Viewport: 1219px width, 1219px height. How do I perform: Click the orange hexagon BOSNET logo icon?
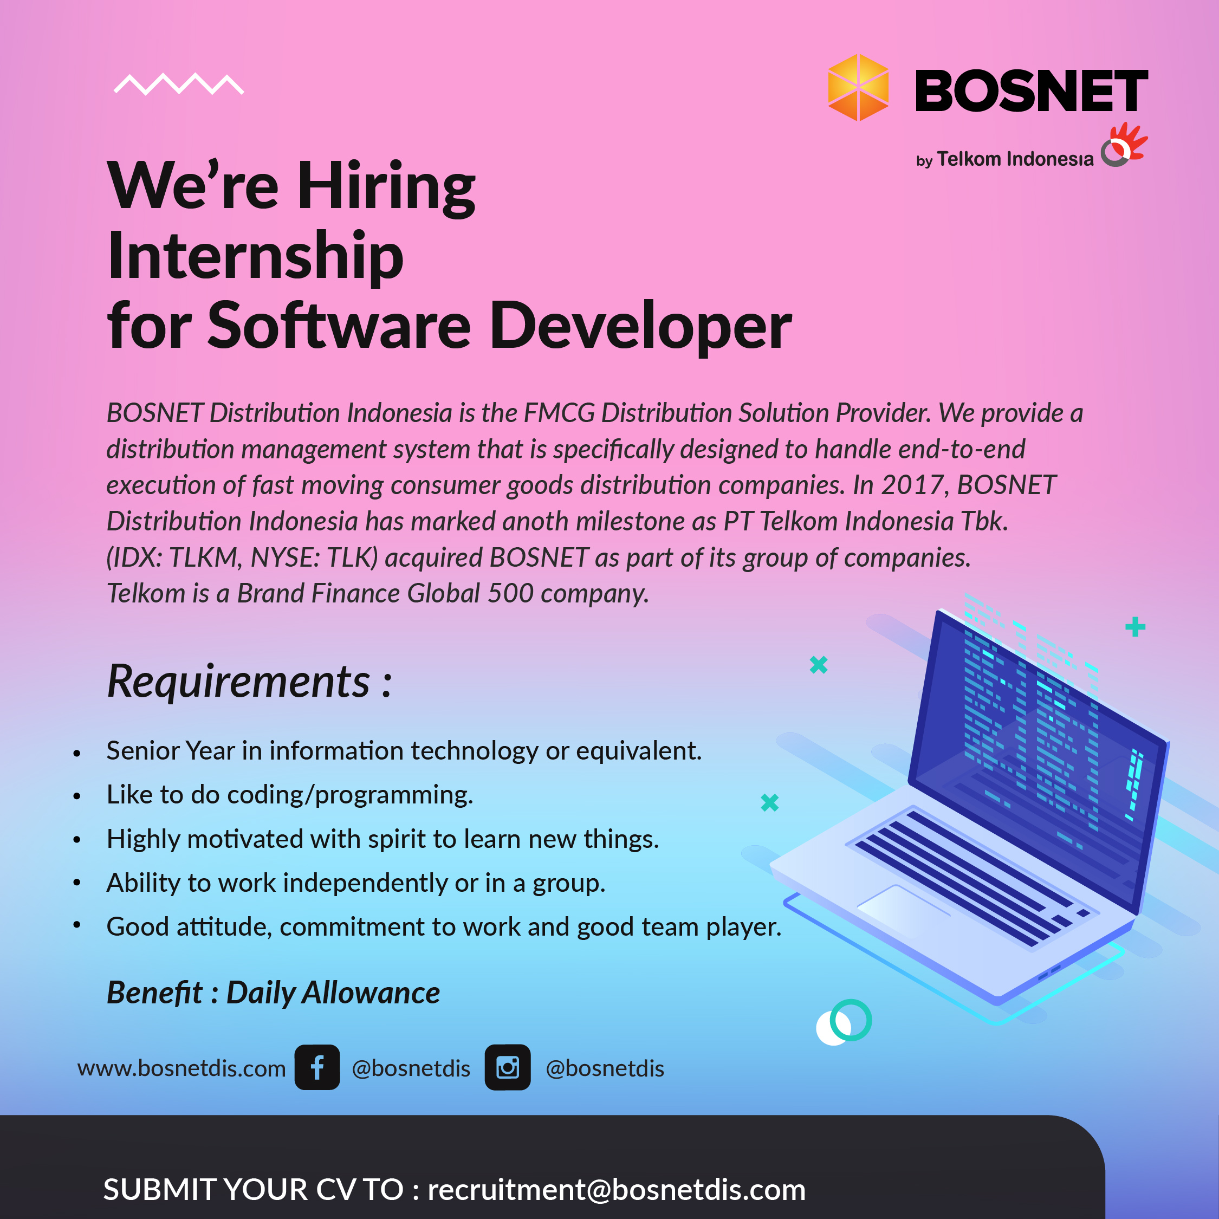point(858,87)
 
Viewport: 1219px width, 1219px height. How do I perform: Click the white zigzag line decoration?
point(179,84)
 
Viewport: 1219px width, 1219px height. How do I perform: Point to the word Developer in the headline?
point(640,326)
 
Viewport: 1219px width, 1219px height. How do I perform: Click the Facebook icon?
point(317,1067)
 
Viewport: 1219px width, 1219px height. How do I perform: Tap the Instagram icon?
point(507,1067)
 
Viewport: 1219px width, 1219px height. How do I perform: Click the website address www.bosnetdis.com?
point(181,1068)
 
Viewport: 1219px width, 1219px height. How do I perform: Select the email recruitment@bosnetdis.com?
point(617,1189)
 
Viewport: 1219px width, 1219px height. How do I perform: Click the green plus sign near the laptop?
point(1135,626)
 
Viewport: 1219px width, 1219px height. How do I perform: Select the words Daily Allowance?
point(333,993)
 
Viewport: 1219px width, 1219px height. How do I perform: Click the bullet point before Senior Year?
point(77,753)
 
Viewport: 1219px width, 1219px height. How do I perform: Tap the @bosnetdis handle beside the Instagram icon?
point(605,1068)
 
